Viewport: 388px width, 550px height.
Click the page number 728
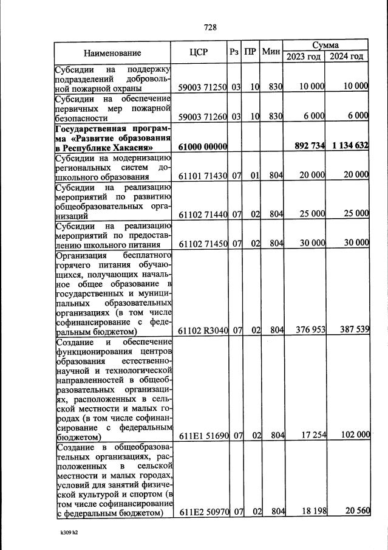pos(210,27)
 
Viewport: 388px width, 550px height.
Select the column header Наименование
pos(112,53)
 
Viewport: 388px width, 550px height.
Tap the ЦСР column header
pos(199,52)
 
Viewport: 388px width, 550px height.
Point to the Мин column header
pos(270,52)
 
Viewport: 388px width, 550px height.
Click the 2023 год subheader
pos(304,57)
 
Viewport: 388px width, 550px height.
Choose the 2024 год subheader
pos(346,57)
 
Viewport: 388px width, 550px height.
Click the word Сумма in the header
pos(325,46)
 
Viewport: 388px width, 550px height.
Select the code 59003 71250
pos(202,87)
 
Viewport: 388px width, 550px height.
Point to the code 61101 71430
pos(202,176)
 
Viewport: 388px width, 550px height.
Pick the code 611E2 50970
pos(202,512)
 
